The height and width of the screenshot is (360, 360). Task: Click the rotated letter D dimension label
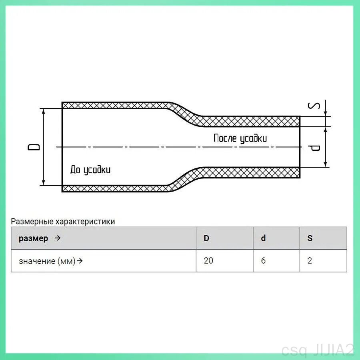tap(34, 147)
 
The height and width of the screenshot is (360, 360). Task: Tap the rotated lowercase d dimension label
tap(314, 148)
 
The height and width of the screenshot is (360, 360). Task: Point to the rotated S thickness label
tap(314, 106)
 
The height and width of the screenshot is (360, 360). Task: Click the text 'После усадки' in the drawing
tap(240, 138)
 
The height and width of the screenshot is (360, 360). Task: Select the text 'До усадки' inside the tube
tap(90, 170)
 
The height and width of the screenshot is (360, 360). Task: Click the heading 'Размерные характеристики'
tap(63, 221)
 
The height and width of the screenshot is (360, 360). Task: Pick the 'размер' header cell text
tap(33, 238)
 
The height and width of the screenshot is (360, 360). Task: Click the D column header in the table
tap(206, 238)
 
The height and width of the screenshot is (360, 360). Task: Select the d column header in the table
tap(263, 238)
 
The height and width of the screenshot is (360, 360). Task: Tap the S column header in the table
tap(310, 238)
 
